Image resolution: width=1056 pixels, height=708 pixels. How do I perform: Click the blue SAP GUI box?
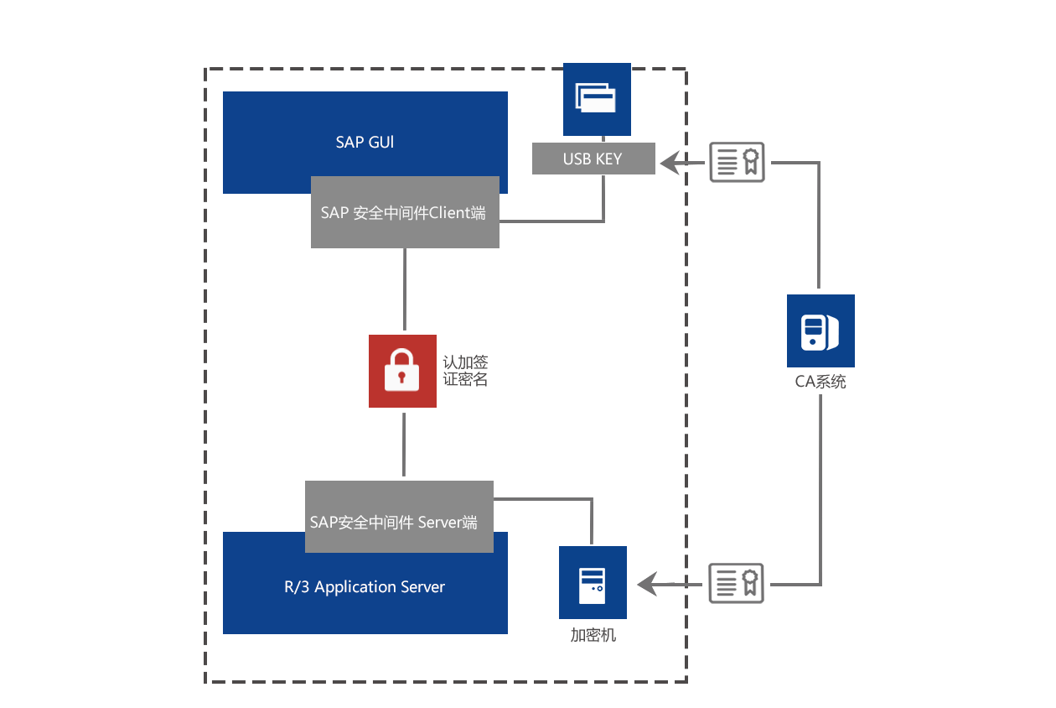click(x=365, y=134)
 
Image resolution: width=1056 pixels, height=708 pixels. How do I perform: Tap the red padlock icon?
click(x=402, y=371)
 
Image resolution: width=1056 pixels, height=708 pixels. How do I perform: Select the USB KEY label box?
click(x=593, y=159)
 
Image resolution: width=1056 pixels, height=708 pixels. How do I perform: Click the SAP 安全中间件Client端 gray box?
click(x=405, y=213)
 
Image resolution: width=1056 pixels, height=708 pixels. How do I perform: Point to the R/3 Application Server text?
click(x=365, y=587)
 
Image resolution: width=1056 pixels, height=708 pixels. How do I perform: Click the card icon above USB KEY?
click(x=597, y=98)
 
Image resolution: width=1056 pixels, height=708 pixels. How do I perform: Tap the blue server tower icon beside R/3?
click(x=593, y=583)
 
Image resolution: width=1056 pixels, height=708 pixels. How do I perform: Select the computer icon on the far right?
click(x=820, y=331)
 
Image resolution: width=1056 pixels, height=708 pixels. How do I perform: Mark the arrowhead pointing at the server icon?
click(x=648, y=584)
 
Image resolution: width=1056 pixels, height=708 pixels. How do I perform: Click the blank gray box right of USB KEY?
click(x=737, y=162)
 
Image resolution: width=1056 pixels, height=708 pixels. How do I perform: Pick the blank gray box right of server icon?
click(x=736, y=583)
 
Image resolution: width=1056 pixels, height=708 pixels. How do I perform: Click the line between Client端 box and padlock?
click(x=405, y=289)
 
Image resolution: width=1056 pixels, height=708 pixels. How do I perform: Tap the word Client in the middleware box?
click(x=450, y=213)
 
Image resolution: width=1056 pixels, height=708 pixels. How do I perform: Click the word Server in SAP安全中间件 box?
click(x=439, y=523)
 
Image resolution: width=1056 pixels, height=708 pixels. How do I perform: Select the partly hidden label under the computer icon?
click(x=820, y=382)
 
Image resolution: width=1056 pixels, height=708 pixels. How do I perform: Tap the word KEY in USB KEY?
click(x=608, y=159)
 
